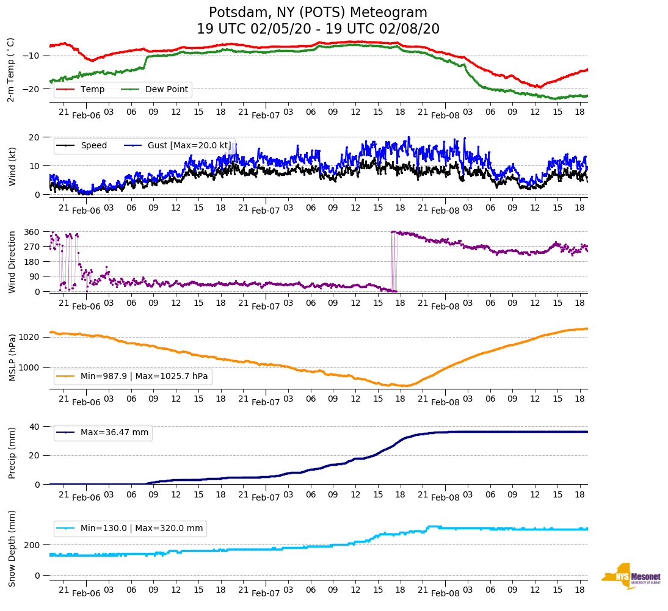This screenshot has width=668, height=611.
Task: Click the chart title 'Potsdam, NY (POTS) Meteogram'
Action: point(318,13)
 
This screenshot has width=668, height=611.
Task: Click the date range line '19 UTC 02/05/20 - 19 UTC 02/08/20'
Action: point(318,29)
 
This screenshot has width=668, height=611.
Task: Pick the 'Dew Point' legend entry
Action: point(167,90)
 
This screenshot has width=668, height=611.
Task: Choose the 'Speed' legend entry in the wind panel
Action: point(93,146)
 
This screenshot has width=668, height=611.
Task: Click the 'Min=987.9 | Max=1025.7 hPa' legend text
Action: point(144,377)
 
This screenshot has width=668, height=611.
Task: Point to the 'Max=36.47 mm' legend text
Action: point(114,433)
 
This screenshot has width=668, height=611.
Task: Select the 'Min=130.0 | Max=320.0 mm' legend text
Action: point(143,529)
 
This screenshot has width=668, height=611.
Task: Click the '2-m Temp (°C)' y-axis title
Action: point(10,70)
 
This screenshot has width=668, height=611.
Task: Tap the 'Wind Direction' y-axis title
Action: point(12,262)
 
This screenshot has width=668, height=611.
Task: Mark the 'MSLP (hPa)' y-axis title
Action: point(12,358)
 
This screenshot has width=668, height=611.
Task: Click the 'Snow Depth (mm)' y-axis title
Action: point(12,548)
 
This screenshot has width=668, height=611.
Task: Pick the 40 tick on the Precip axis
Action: point(35,427)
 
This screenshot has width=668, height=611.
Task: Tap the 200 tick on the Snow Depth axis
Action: point(33,545)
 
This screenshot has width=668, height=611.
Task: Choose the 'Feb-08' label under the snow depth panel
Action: point(445,593)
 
